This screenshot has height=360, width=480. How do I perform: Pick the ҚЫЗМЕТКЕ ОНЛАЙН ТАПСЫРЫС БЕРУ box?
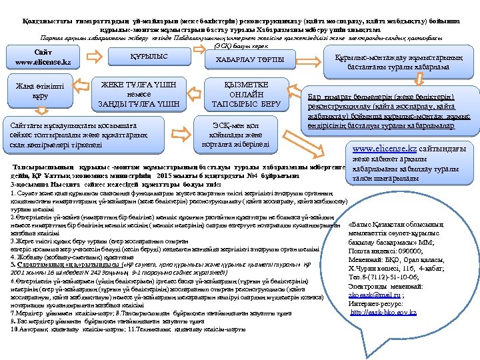246,95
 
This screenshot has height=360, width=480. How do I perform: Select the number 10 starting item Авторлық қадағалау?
15,329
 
